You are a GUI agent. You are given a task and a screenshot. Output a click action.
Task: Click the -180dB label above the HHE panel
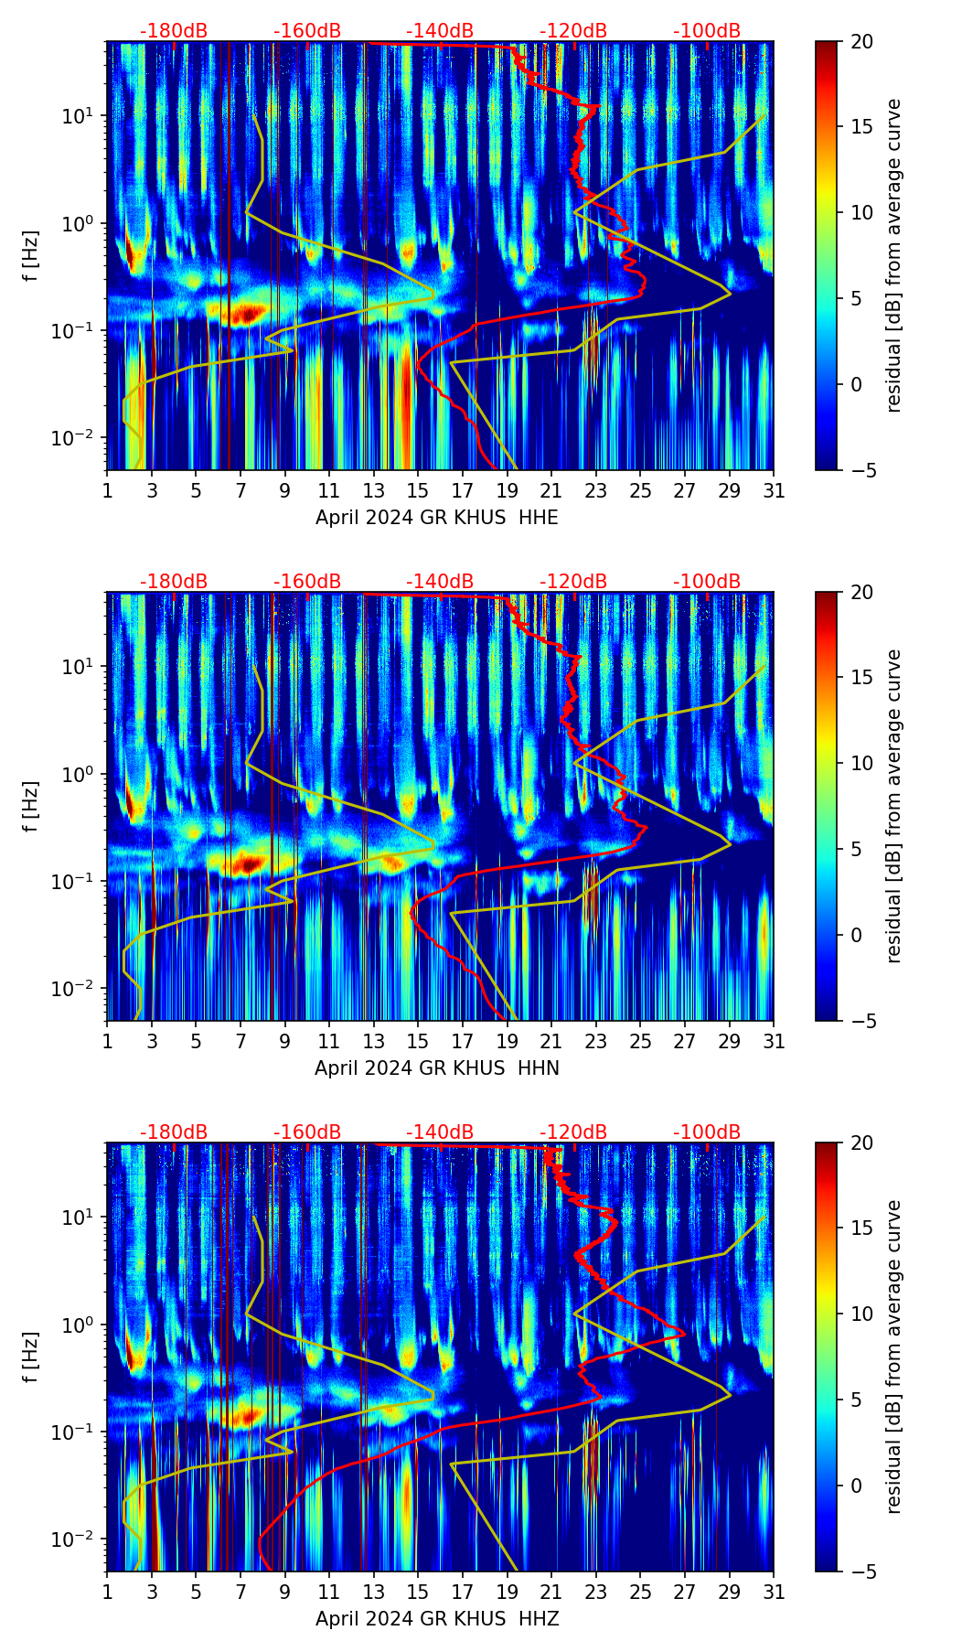[174, 31]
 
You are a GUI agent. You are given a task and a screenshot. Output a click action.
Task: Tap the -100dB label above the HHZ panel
[707, 1132]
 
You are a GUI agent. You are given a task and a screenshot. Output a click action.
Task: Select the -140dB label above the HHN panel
[440, 582]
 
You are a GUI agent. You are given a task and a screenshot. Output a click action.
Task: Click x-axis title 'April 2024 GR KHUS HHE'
[436, 518]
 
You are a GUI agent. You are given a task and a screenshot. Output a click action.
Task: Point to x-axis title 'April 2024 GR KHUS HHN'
[436, 1068]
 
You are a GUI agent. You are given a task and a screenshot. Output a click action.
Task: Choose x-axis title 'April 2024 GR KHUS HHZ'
[436, 1619]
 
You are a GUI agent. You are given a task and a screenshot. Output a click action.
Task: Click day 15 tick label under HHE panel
[418, 491]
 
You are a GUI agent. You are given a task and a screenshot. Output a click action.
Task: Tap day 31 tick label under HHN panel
[774, 1042]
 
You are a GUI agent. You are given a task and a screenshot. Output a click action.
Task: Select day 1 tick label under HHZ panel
[108, 1593]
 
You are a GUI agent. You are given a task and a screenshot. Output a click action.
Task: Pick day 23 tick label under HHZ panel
[595, 1593]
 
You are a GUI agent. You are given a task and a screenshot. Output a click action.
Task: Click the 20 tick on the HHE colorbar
[861, 41]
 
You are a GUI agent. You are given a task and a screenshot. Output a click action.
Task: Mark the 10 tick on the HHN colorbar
[861, 763]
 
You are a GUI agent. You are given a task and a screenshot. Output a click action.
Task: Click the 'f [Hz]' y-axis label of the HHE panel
[30, 255]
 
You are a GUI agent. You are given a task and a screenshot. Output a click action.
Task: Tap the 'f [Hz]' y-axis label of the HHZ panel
[30, 1357]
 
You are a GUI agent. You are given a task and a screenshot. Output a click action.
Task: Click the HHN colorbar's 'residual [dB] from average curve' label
[894, 806]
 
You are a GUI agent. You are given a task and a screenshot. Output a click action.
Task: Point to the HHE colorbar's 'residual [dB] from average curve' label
[894, 255]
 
